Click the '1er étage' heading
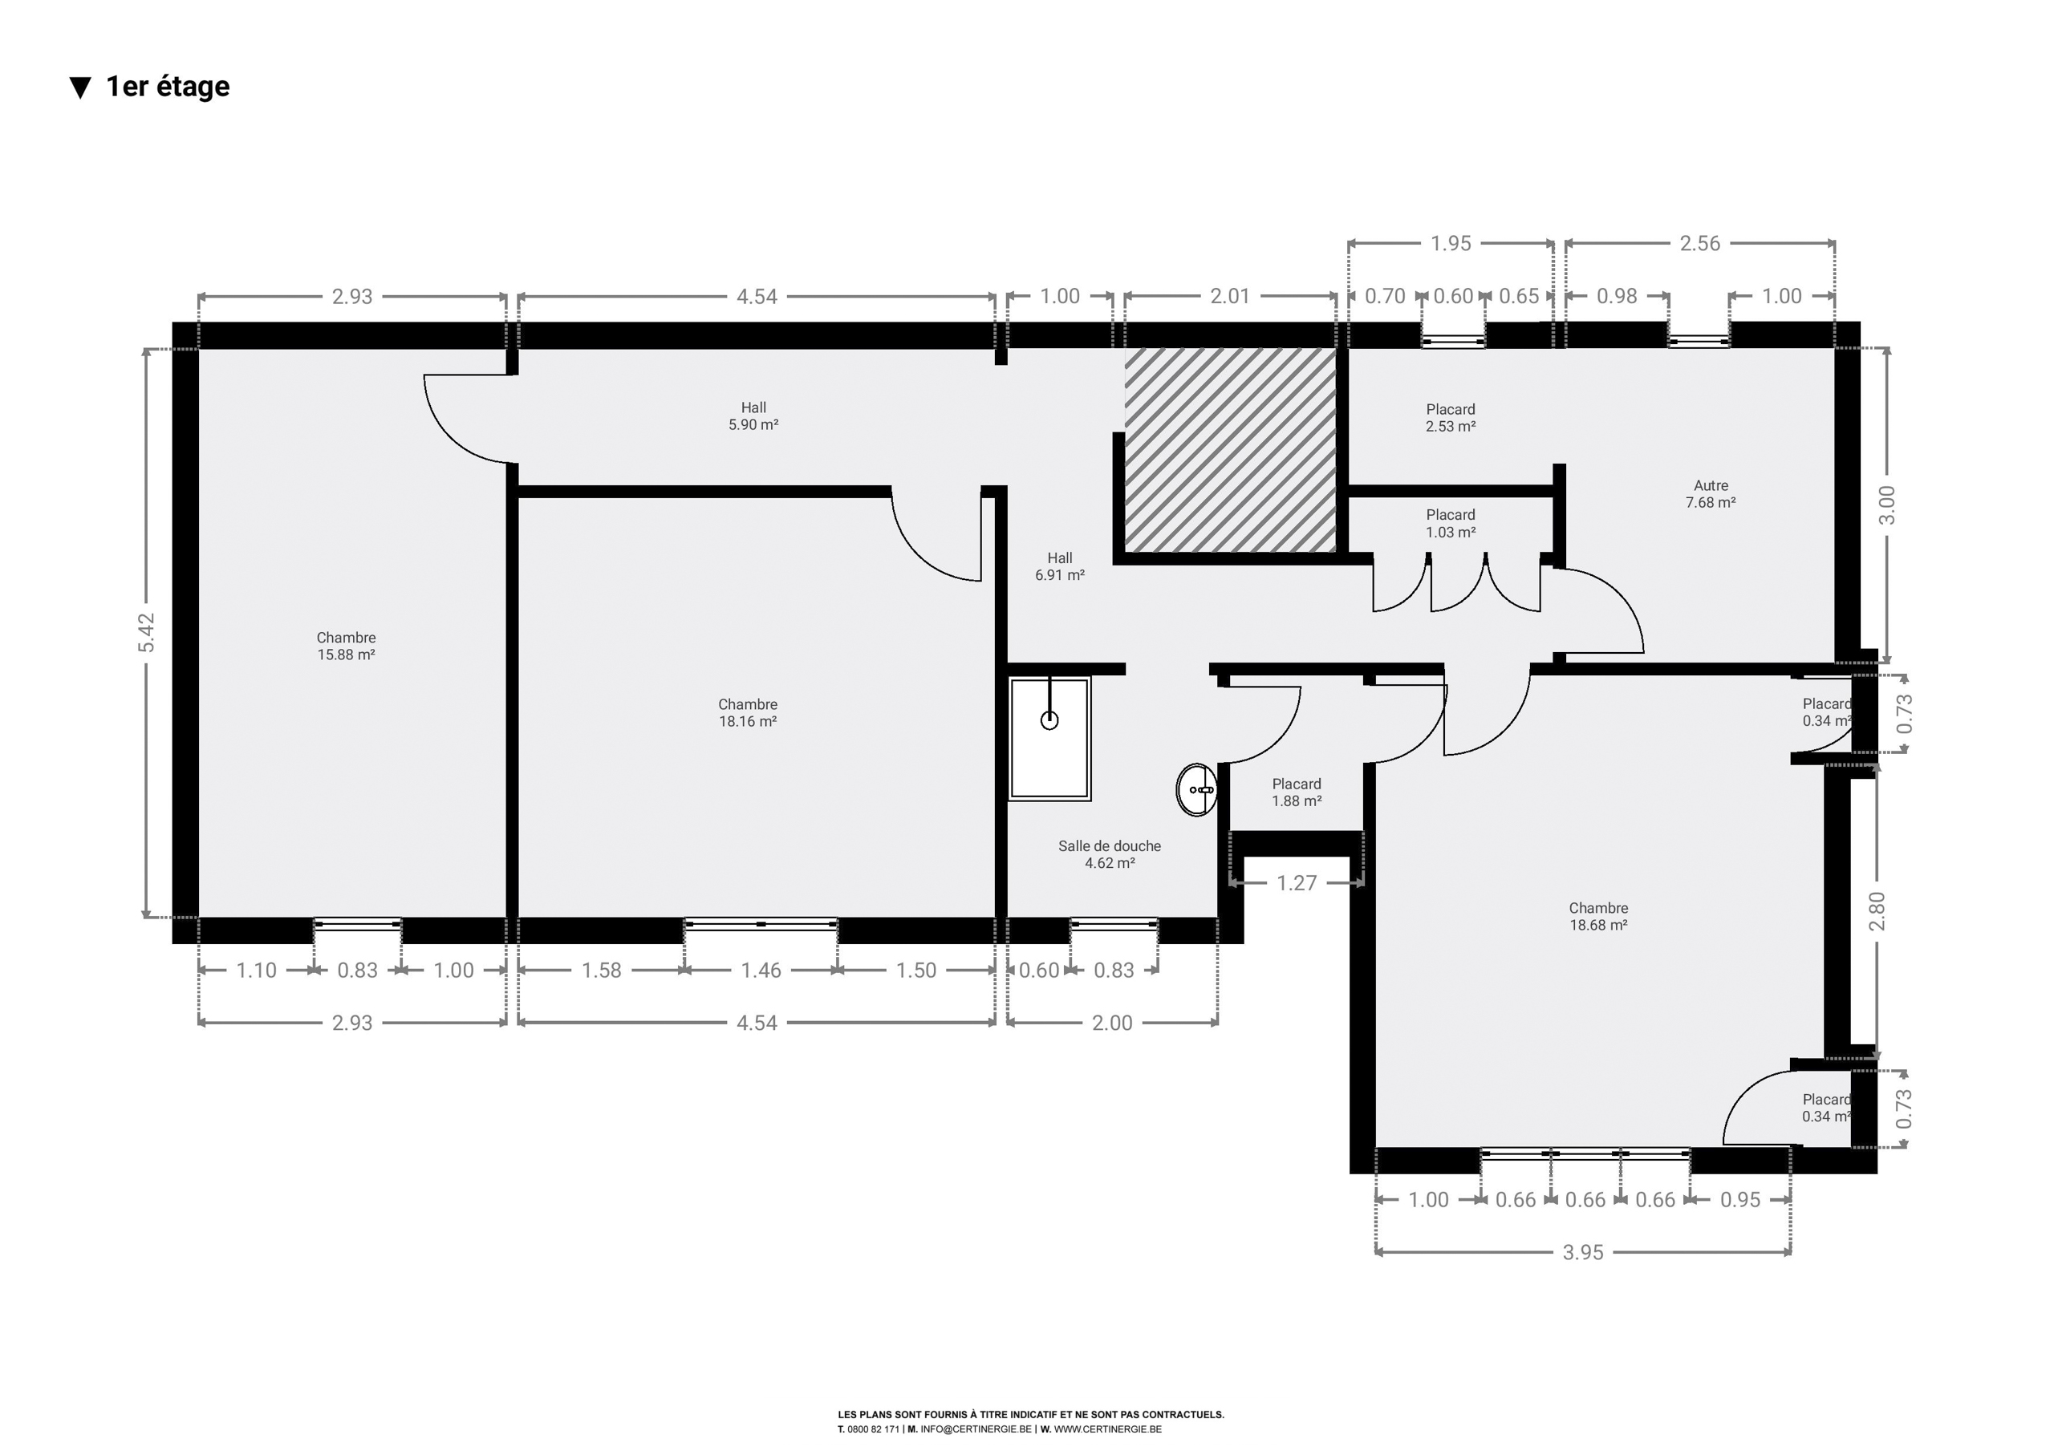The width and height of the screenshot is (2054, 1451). tap(168, 86)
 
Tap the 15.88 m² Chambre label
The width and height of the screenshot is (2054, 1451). tap(346, 646)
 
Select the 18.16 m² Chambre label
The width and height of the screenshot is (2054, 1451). tap(748, 713)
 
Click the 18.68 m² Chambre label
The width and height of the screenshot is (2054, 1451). tap(1598, 917)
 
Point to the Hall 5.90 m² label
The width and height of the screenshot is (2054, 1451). tap(753, 416)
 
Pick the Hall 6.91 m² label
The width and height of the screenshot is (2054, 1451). tap(1060, 566)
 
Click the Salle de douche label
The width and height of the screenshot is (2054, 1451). tap(1110, 846)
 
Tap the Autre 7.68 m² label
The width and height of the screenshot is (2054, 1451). tap(1711, 494)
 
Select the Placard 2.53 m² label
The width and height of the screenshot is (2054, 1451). tap(1450, 418)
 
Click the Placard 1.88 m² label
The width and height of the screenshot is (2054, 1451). tap(1297, 792)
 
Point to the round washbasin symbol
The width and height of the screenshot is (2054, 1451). tap(1197, 790)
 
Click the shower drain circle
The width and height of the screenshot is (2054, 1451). tap(1049, 720)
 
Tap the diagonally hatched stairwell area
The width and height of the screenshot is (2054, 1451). tap(1230, 450)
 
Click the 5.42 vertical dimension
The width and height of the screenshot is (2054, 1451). tap(147, 633)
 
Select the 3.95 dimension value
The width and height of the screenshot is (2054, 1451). tap(1582, 1252)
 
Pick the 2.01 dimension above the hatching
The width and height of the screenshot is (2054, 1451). tap(1230, 296)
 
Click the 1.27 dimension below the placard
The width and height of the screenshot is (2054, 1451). tap(1297, 883)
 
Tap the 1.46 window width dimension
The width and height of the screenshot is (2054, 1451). tap(761, 971)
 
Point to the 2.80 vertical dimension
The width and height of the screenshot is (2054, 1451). tap(1877, 910)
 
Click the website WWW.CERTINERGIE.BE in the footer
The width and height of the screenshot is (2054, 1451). tap(1107, 1429)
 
